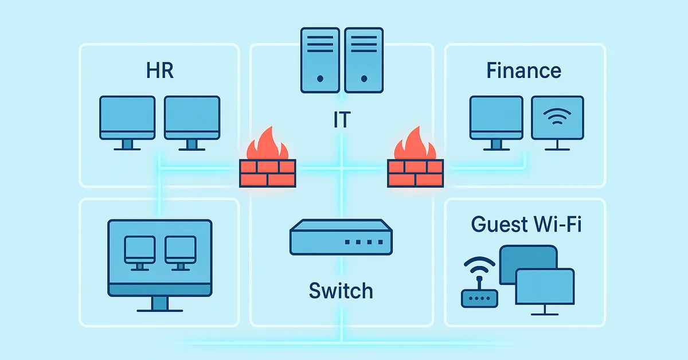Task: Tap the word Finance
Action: point(523,71)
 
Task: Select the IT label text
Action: point(342,120)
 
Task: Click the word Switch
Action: point(341,291)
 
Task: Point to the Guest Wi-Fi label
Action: point(526,224)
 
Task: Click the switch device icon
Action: point(341,236)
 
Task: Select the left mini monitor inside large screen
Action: point(139,249)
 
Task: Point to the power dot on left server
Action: point(320,78)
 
